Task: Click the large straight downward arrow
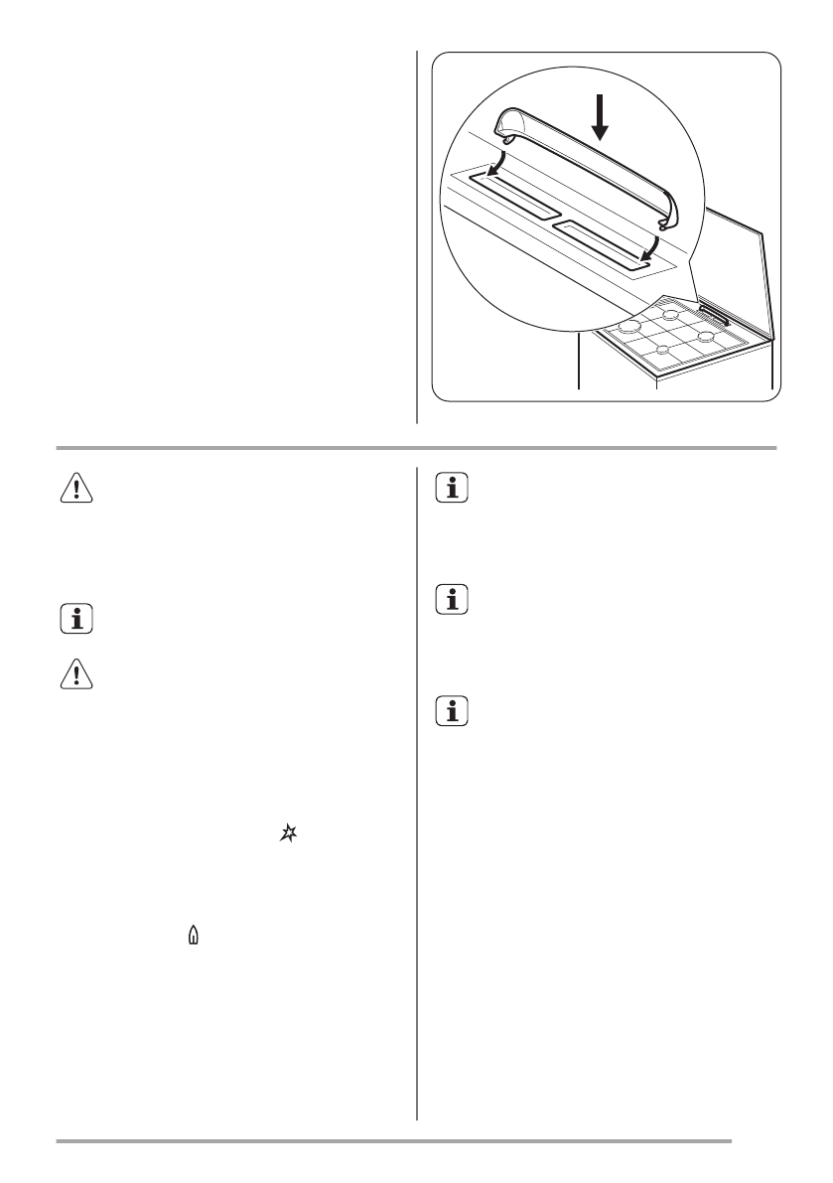[x=599, y=118]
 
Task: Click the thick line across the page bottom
[x=393, y=1140]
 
